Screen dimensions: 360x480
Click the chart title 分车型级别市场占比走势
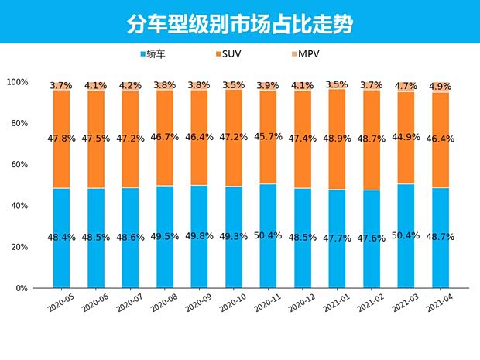coord(239,24)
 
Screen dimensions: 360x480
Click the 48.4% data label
coord(62,238)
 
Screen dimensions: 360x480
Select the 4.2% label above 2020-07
coord(131,86)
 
